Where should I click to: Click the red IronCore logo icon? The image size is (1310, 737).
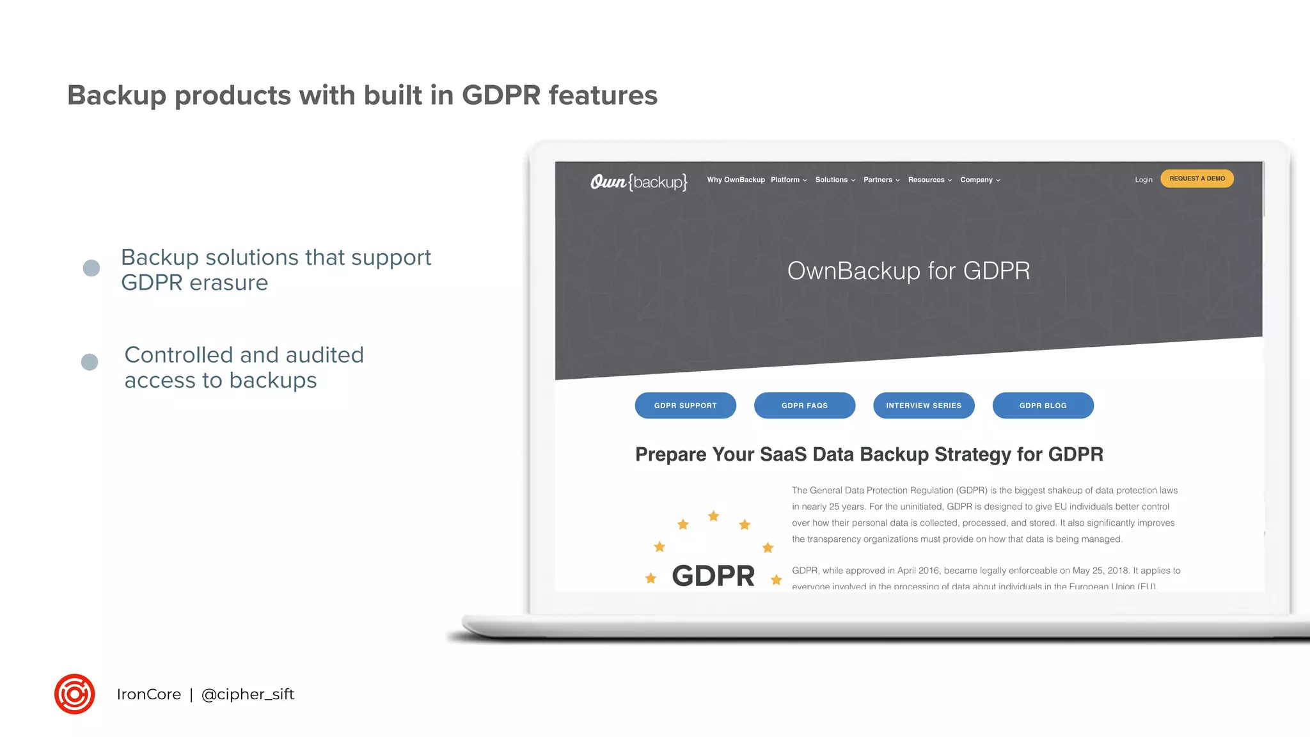click(75, 694)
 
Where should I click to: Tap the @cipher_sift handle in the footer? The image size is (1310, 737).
click(248, 694)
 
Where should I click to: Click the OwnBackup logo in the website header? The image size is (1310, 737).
click(638, 182)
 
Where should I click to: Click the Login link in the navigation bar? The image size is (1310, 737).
click(1143, 180)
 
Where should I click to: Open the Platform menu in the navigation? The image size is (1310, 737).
click(788, 180)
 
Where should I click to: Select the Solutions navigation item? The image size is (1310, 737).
click(834, 180)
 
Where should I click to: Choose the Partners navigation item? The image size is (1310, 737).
click(881, 180)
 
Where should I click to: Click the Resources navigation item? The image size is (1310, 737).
click(929, 180)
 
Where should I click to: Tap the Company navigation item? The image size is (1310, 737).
click(979, 180)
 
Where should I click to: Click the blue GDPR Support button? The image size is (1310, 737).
click(685, 406)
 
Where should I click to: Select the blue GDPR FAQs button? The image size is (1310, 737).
click(804, 406)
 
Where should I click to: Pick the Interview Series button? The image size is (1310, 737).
click(924, 406)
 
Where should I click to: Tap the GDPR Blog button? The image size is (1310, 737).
click(1043, 406)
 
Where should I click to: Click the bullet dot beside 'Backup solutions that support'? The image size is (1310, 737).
click(91, 268)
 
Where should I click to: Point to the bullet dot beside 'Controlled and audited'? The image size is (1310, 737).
click(90, 362)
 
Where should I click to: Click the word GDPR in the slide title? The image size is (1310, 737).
click(501, 95)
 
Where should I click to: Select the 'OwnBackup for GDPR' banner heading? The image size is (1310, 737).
click(908, 271)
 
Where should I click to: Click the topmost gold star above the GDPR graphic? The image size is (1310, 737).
click(714, 516)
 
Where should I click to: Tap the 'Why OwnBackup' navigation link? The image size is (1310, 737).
click(736, 180)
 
